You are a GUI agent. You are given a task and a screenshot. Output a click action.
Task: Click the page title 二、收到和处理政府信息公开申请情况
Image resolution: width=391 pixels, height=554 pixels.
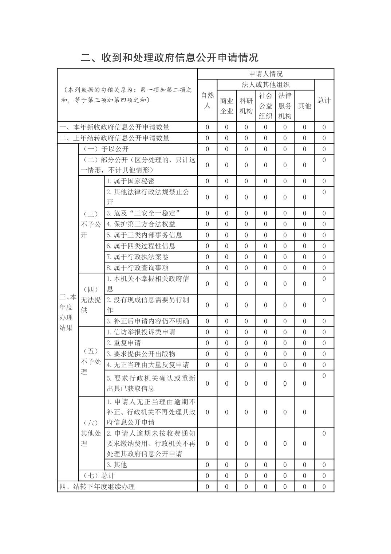[169, 58]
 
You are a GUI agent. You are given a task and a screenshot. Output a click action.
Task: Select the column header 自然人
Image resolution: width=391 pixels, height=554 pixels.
[207, 101]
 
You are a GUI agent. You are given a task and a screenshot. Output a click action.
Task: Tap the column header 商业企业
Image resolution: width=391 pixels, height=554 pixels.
[226, 106]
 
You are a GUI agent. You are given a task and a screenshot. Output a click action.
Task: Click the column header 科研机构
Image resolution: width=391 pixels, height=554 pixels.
[246, 106]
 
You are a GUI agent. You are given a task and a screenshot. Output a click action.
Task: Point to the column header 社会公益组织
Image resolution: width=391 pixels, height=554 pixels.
[265, 106]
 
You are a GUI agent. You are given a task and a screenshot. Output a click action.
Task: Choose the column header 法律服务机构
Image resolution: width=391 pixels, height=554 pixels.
[285, 106]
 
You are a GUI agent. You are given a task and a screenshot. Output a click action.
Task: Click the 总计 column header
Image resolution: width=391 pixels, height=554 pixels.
[324, 101]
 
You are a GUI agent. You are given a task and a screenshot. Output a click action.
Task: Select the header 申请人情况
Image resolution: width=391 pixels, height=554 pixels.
[266, 74]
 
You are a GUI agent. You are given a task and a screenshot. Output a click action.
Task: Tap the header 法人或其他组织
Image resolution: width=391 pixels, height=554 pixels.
[266, 85]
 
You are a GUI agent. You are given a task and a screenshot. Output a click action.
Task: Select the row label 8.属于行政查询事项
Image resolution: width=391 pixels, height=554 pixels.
[137, 268]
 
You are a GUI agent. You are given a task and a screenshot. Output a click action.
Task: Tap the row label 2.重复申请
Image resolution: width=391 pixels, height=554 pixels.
[123, 343]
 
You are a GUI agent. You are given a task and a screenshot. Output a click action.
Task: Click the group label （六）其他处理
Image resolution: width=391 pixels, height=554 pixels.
[91, 433]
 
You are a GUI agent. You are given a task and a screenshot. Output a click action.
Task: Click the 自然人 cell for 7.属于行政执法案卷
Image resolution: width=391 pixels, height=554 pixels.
[207, 257]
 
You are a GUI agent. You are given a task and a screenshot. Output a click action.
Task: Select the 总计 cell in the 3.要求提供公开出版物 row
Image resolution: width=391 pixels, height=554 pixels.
[324, 354]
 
